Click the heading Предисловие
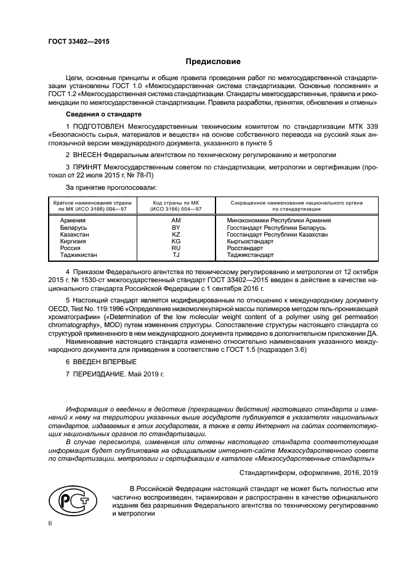click(x=213, y=62)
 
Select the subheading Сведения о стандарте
click(x=103, y=115)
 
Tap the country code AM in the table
click(x=175, y=220)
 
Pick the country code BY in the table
click(x=175, y=228)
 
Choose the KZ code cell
click(x=175, y=235)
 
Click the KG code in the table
click(x=175, y=242)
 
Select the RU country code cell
click(x=175, y=249)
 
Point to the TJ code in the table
click(x=175, y=256)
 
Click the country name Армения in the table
click(x=73, y=220)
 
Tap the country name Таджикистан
click(x=78, y=256)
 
